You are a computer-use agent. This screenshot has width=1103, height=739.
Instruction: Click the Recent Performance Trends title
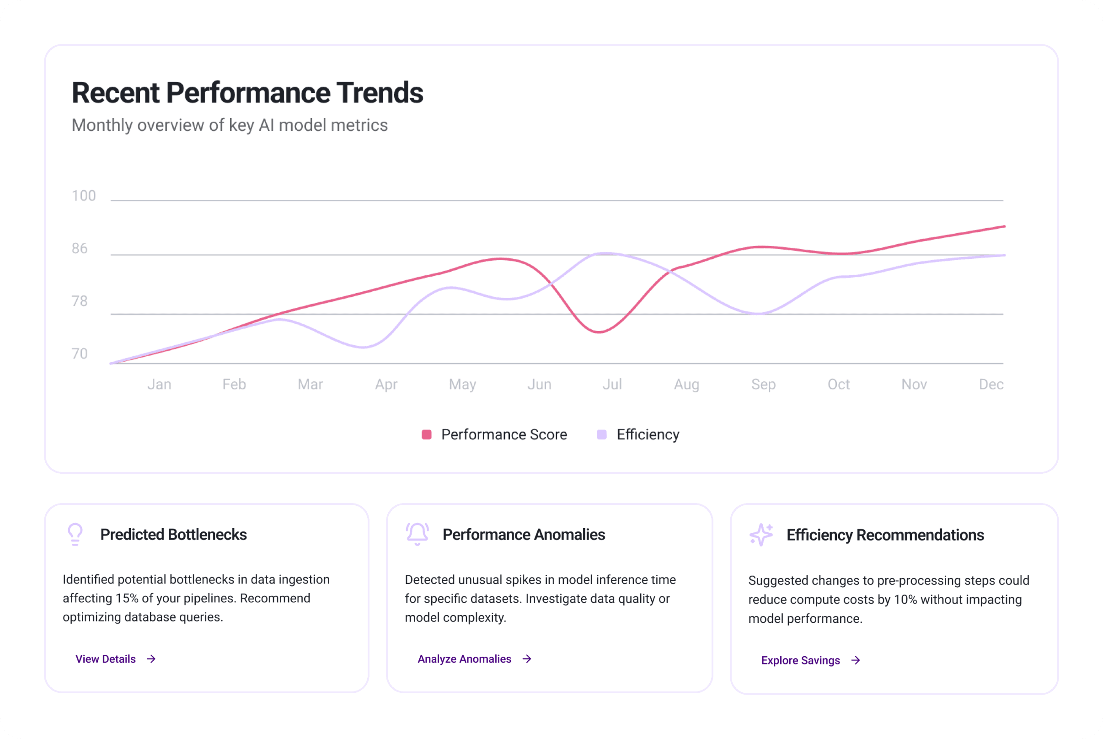click(247, 92)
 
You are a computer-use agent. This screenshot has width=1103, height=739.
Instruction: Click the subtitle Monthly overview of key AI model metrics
click(230, 125)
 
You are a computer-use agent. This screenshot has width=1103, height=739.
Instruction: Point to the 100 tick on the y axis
click(83, 196)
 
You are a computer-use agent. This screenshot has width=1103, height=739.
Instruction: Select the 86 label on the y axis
click(80, 248)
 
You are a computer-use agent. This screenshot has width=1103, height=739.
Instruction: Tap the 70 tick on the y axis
click(80, 353)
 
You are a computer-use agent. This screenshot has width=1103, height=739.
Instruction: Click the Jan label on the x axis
click(159, 384)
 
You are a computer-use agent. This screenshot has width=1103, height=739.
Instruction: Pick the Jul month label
click(612, 384)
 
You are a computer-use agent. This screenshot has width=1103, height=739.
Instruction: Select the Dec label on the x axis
click(991, 384)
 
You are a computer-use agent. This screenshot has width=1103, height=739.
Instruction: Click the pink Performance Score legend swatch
click(426, 434)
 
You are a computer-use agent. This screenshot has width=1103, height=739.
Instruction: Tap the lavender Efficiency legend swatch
click(602, 434)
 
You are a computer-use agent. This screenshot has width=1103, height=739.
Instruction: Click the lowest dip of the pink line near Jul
click(599, 332)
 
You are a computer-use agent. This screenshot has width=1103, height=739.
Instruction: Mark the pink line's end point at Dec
click(1004, 227)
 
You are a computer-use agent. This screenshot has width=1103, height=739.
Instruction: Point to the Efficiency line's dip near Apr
click(363, 347)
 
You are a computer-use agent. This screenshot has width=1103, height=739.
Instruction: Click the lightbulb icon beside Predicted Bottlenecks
click(75, 535)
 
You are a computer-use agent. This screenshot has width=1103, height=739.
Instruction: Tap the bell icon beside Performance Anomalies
click(417, 534)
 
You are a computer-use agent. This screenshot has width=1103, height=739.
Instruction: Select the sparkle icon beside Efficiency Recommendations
click(761, 535)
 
